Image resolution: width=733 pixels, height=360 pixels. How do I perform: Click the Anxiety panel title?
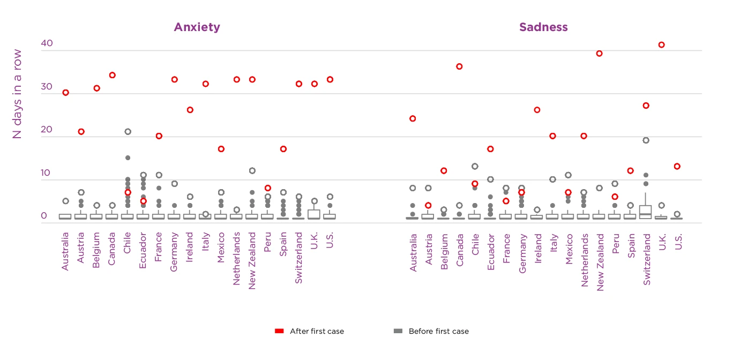click(197, 27)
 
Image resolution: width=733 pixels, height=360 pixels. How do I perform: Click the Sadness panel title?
click(543, 27)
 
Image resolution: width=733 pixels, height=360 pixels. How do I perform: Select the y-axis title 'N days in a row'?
click(17, 94)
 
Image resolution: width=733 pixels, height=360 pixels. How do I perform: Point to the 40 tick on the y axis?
click(47, 44)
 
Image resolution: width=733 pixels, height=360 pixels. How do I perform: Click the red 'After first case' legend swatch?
click(279, 332)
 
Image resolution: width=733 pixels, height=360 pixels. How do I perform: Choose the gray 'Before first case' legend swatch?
click(398, 332)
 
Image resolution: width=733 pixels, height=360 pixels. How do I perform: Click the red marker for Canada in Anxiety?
click(112, 75)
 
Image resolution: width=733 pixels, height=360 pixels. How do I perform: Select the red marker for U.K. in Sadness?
click(661, 45)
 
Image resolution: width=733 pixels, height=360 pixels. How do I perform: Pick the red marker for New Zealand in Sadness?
click(599, 54)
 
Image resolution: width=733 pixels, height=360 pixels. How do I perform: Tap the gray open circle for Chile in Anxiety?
click(128, 132)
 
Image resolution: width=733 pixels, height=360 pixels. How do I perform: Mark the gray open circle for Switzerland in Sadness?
click(646, 140)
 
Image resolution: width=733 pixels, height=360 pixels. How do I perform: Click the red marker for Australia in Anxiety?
click(65, 93)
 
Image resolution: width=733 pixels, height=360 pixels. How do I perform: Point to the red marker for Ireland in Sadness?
click(537, 110)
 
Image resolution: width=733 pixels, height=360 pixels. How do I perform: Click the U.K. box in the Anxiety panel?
click(314, 214)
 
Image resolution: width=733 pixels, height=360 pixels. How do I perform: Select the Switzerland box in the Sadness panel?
click(646, 212)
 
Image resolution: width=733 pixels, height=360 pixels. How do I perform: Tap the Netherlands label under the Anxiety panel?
click(236, 257)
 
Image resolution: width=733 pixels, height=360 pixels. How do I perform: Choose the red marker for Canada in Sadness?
click(459, 66)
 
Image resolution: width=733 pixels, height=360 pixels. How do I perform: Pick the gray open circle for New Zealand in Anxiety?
click(252, 171)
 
